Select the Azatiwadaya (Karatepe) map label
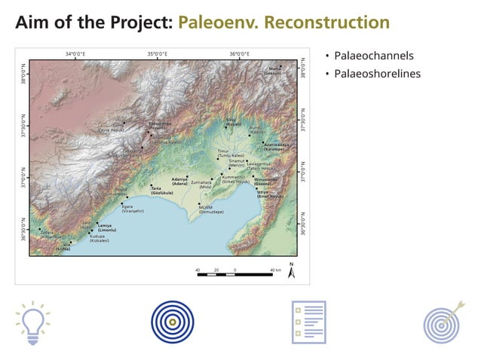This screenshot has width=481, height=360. (274, 146)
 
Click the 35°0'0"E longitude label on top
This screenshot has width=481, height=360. (157, 54)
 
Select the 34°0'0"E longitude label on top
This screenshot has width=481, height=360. (75, 54)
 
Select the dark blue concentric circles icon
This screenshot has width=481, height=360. (172, 322)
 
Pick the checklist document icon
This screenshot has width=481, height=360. (308, 322)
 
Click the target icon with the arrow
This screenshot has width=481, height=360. (442, 322)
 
